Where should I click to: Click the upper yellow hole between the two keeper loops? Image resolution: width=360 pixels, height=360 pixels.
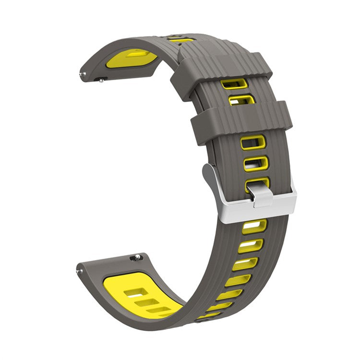click(234, 84)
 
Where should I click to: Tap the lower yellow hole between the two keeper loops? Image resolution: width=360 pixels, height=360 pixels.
click(241, 100)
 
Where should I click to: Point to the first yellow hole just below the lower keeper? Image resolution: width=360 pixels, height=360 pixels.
click(252, 142)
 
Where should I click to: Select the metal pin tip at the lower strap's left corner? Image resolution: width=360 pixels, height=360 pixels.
click(79, 271)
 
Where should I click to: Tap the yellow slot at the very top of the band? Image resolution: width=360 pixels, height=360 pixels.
click(181, 38)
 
